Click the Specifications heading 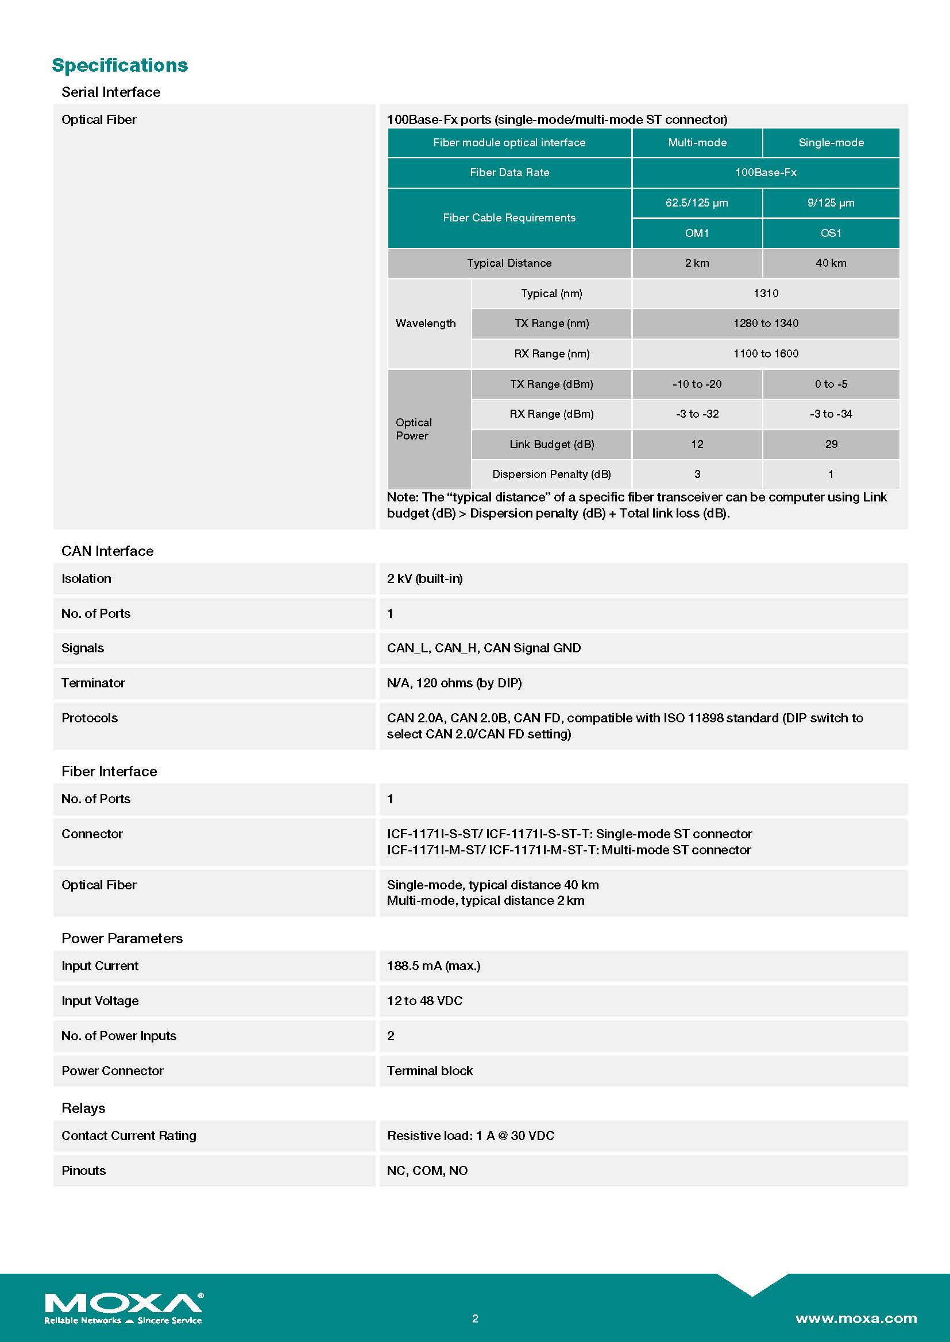coord(120,65)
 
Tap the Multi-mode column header coord(697,143)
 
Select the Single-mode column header coord(831,143)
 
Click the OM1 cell coord(697,233)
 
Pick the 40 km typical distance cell coord(831,263)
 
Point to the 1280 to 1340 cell coord(766,323)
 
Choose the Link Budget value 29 coord(831,444)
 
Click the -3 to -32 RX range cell coord(697,414)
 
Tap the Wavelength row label coord(425,323)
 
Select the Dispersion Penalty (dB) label coord(551,474)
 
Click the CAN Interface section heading coord(107,551)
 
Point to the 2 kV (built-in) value coord(424,579)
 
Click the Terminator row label coord(93,683)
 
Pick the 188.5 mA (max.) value coord(434,966)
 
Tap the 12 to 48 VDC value coord(424,1001)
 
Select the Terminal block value coord(430,1071)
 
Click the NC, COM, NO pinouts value coord(427,1171)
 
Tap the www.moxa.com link coord(856,1318)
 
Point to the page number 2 coord(475,1318)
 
